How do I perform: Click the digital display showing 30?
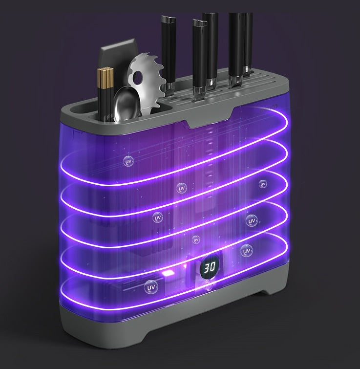tap(210, 267)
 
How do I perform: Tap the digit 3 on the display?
tap(207, 268)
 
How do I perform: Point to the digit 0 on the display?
tap(212, 267)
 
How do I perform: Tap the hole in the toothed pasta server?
tap(137, 76)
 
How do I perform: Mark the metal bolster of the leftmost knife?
tap(169, 88)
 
